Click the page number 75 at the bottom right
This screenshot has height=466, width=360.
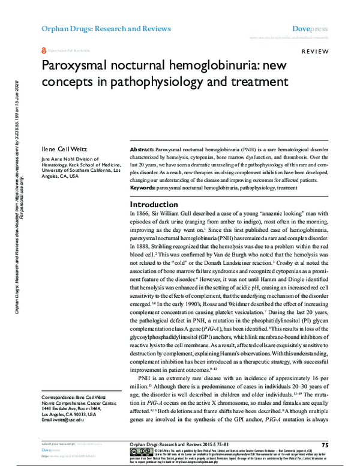[325, 444]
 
